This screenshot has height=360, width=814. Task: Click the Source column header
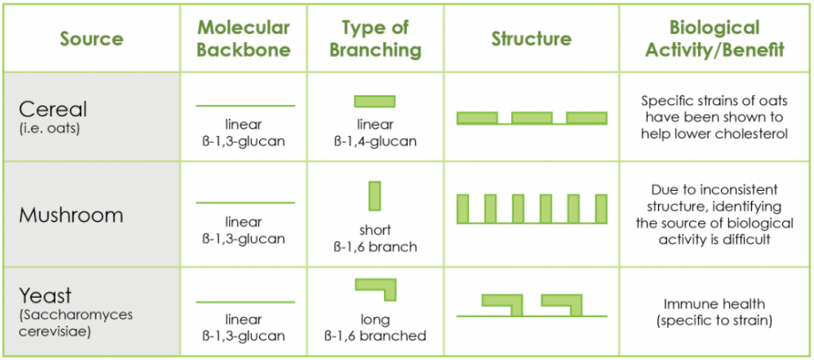pos(92,39)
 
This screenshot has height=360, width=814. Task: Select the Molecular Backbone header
pos(243,39)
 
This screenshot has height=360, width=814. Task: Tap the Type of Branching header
pos(375,39)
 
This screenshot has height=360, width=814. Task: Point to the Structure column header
pos(531,39)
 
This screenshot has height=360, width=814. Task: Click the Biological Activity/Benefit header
pos(715,39)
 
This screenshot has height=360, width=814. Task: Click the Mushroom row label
pos(71,215)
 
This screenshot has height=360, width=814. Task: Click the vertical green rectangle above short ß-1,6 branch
pos(375,195)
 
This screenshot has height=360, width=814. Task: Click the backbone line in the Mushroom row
pos(245,203)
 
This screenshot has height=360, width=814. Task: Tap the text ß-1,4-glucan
pos(375,141)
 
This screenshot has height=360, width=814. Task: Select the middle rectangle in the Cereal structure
pos(532,118)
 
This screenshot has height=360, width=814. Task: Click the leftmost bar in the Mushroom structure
pos(463,208)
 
